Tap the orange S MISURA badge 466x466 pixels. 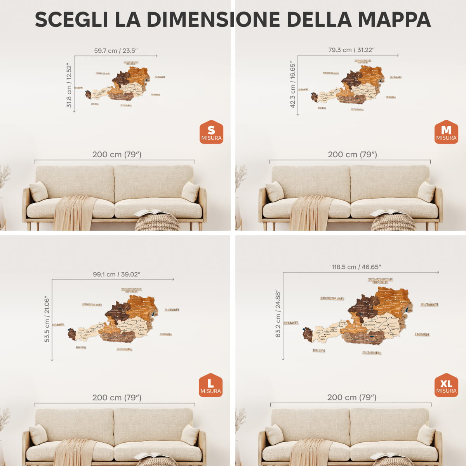tap(211, 132)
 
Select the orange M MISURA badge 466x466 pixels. tap(446, 132)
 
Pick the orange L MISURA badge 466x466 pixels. tap(210, 385)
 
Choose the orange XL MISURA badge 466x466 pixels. tap(446, 385)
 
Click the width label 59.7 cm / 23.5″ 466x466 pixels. tap(116, 50)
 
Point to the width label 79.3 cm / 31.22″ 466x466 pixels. tap(351, 50)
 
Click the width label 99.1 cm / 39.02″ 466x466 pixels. tap(116, 274)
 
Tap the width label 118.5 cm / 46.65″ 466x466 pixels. tap(356, 267)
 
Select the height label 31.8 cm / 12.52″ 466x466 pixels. tap(69, 86)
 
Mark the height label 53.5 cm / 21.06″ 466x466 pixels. tap(47, 319)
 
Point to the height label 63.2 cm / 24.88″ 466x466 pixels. tap(278, 313)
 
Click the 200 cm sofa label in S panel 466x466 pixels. tap(116, 155)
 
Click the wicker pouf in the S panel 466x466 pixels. tap(157, 223)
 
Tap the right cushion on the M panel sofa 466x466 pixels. tap(426, 191)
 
